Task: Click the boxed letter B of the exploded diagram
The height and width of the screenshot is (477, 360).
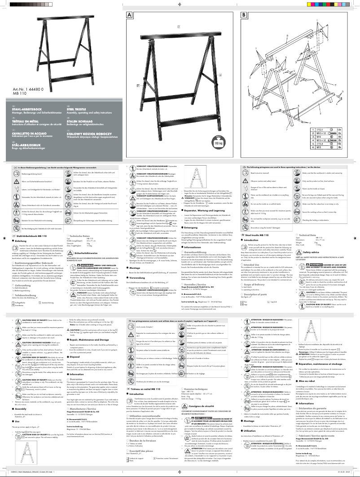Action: [x=244, y=14]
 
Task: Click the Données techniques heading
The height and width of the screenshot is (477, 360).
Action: [x=199, y=390]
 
